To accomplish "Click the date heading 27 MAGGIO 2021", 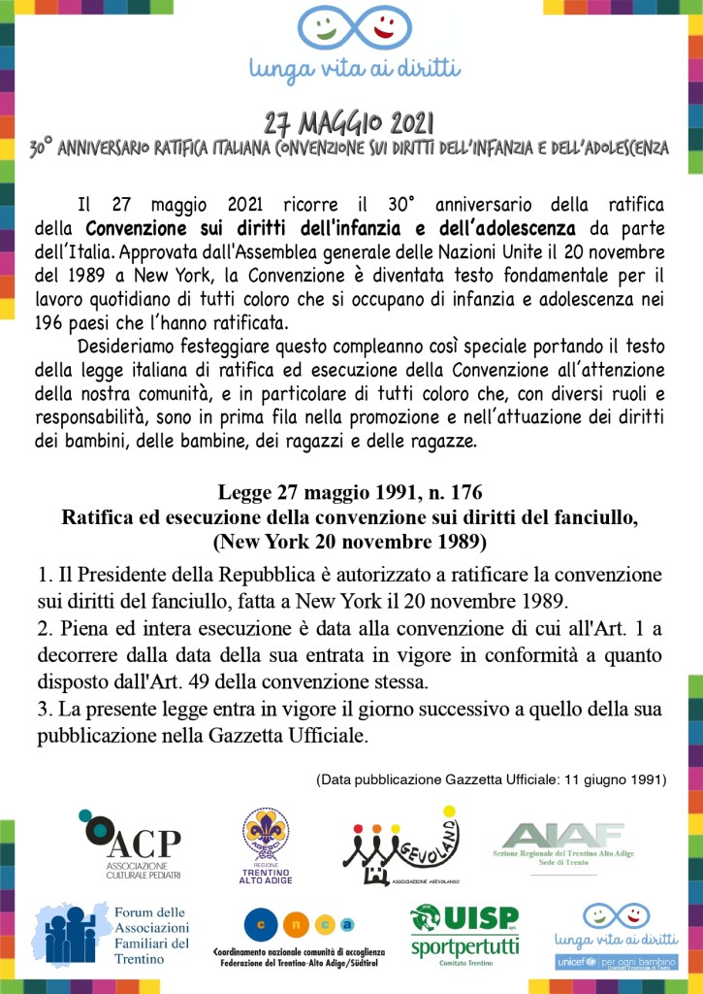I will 350,123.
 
